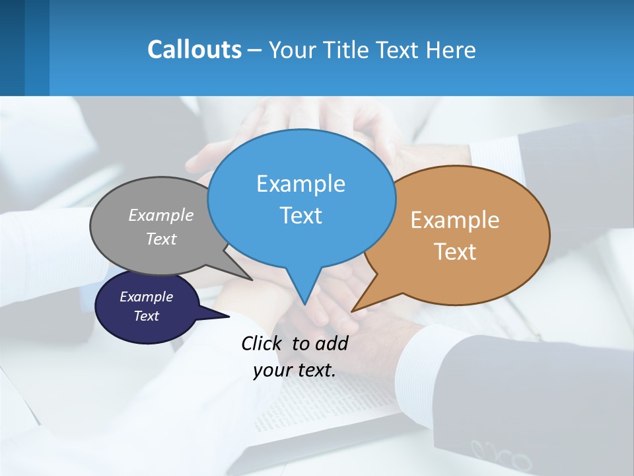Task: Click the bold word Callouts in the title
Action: pos(194,50)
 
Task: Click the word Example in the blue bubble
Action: pos(300,184)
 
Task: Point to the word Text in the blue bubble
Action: pos(300,216)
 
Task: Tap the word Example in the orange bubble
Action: pos(455,220)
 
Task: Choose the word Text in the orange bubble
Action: pos(455,252)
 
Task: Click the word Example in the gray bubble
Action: pos(161,215)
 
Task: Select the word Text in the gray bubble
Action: pos(161,239)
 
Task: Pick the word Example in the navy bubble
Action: pos(146,297)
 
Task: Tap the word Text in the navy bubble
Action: pos(146,316)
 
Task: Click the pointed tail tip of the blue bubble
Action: pos(304,304)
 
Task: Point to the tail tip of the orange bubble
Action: pos(353,311)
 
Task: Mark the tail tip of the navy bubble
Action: pos(229,316)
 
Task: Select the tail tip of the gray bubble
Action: pos(252,280)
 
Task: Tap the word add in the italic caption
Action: pos(331,343)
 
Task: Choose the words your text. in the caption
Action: pos(295,370)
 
